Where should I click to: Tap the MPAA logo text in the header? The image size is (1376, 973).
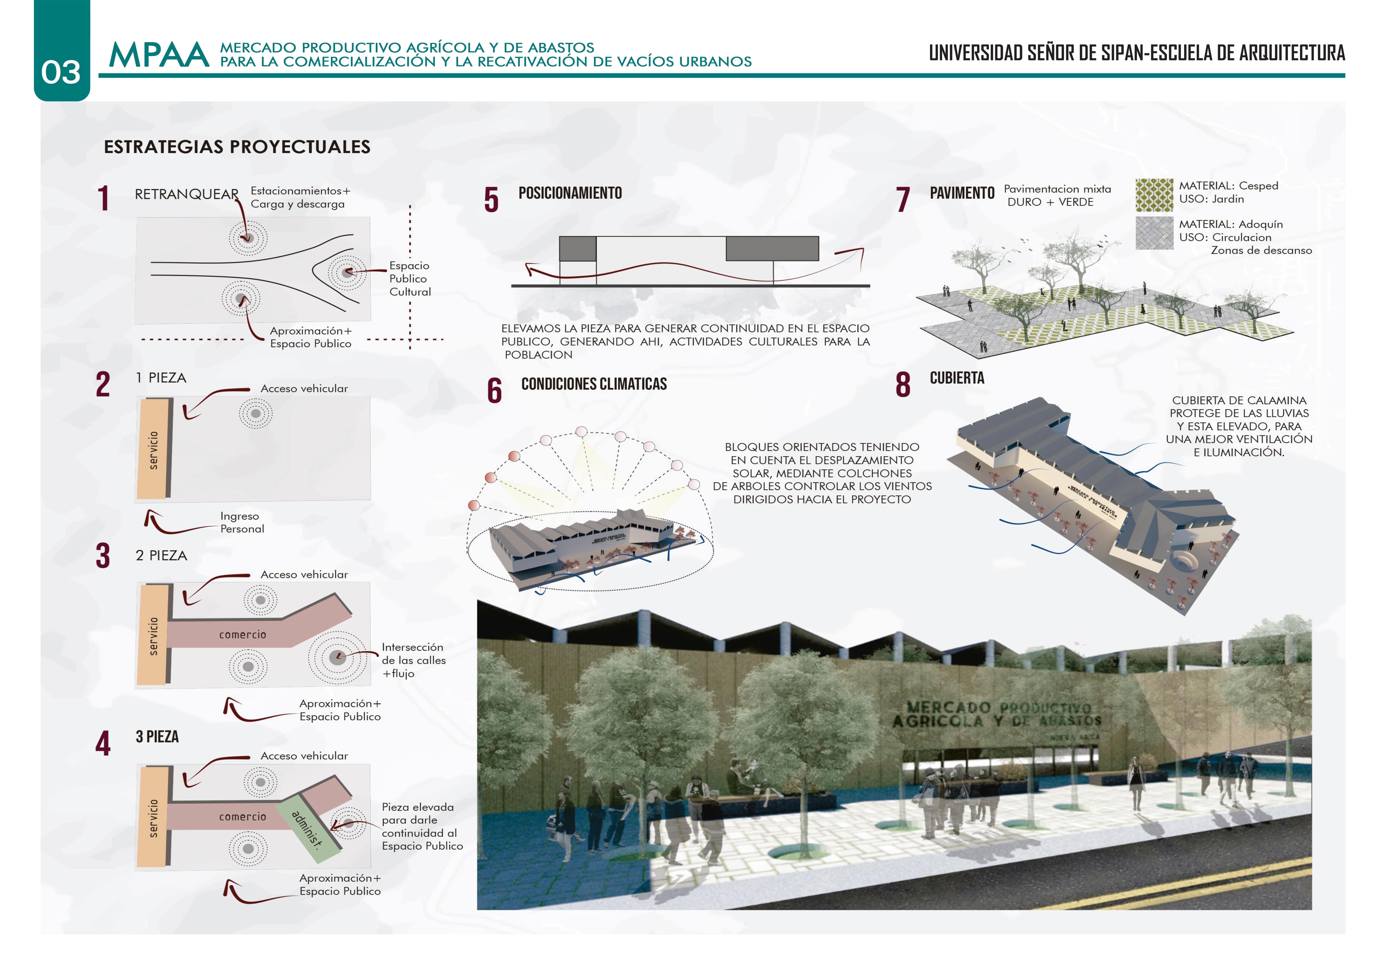[x=159, y=55]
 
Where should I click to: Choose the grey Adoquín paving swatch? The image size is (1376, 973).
[x=1154, y=232]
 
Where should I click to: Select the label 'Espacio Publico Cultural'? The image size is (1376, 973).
[x=410, y=279]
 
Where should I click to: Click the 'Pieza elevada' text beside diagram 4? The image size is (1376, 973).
[x=418, y=807]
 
